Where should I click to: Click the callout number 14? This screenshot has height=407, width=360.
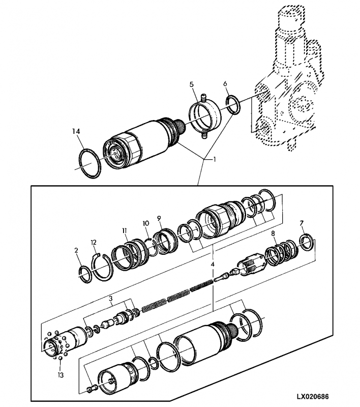(x=76, y=132)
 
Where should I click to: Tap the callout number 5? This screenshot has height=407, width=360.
(x=191, y=84)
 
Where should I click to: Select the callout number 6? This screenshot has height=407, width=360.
(x=225, y=83)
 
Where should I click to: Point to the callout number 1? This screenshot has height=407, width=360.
(x=214, y=159)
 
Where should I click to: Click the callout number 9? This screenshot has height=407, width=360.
(x=159, y=218)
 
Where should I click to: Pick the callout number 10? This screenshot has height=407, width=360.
(x=146, y=223)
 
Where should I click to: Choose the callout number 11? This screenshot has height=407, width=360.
(x=125, y=230)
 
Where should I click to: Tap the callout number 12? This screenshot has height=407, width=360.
(x=94, y=243)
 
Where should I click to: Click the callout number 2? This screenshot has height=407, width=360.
(x=76, y=250)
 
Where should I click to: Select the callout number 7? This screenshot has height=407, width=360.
(x=302, y=223)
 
